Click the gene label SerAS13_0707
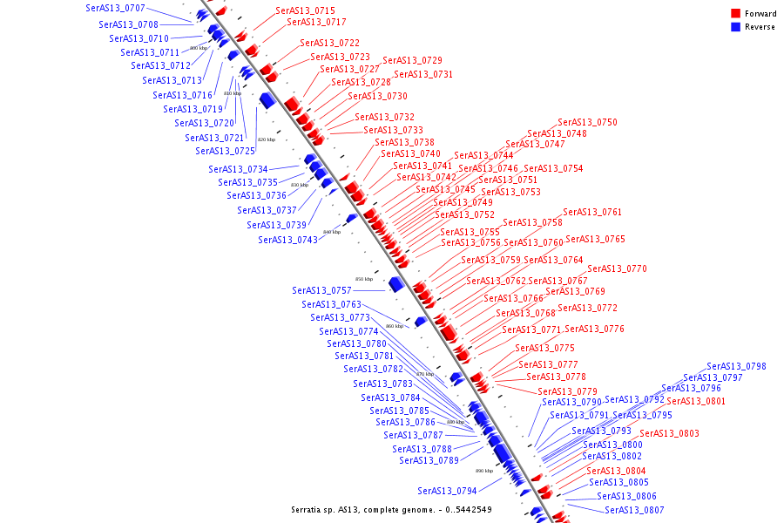coord(115,8)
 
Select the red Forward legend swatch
coord(736,14)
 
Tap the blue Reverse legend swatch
coord(736,27)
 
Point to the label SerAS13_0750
coord(587,123)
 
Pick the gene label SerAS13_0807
coord(634,510)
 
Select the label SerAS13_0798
coord(736,367)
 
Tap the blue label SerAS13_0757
coord(321,290)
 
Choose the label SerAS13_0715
coord(305,10)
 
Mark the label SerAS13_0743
coord(287,240)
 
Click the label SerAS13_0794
coord(447,491)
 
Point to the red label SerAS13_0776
coord(594,329)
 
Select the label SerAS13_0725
coord(225,152)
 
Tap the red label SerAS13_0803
coord(669,434)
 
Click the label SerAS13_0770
coord(617,269)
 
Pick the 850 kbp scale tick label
coord(364,279)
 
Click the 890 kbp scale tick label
coord(484,471)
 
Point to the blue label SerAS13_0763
coord(331,305)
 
